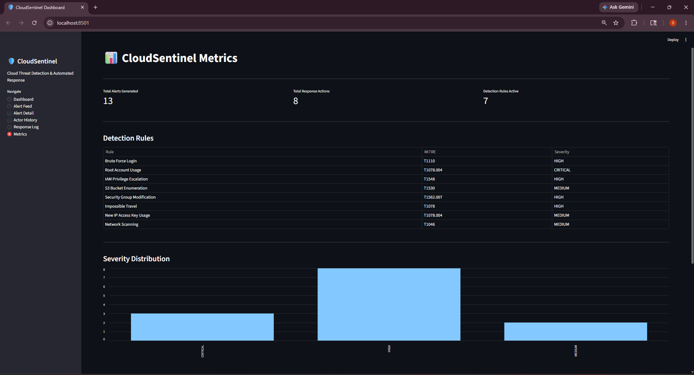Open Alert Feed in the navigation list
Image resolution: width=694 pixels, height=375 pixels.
(x=22, y=106)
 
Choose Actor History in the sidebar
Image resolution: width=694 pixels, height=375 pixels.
(x=25, y=120)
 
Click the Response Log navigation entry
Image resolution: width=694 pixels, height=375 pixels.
(x=26, y=127)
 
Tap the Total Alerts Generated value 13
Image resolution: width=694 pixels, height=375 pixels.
(x=108, y=101)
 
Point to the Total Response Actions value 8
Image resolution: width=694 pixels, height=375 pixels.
(x=295, y=101)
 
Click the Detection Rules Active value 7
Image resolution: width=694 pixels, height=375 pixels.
(x=486, y=101)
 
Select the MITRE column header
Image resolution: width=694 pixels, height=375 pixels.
(x=430, y=152)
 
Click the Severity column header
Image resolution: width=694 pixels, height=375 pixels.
(x=562, y=152)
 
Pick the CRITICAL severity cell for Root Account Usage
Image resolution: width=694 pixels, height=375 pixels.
(x=562, y=170)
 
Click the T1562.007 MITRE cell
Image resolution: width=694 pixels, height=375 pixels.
(x=433, y=197)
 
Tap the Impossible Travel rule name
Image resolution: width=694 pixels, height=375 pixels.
(x=121, y=206)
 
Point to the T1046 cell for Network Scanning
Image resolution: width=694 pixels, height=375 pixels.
(x=429, y=224)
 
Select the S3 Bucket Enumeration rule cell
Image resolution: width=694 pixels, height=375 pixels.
(x=126, y=188)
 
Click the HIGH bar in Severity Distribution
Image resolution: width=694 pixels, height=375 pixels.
(x=389, y=304)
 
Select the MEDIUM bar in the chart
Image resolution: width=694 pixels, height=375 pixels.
(x=575, y=332)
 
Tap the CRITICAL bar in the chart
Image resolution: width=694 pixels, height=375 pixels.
(x=202, y=327)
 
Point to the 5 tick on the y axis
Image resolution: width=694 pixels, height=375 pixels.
(x=104, y=296)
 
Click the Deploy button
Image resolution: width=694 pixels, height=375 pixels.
(x=673, y=40)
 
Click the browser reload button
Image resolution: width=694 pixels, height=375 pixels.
(x=34, y=23)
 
